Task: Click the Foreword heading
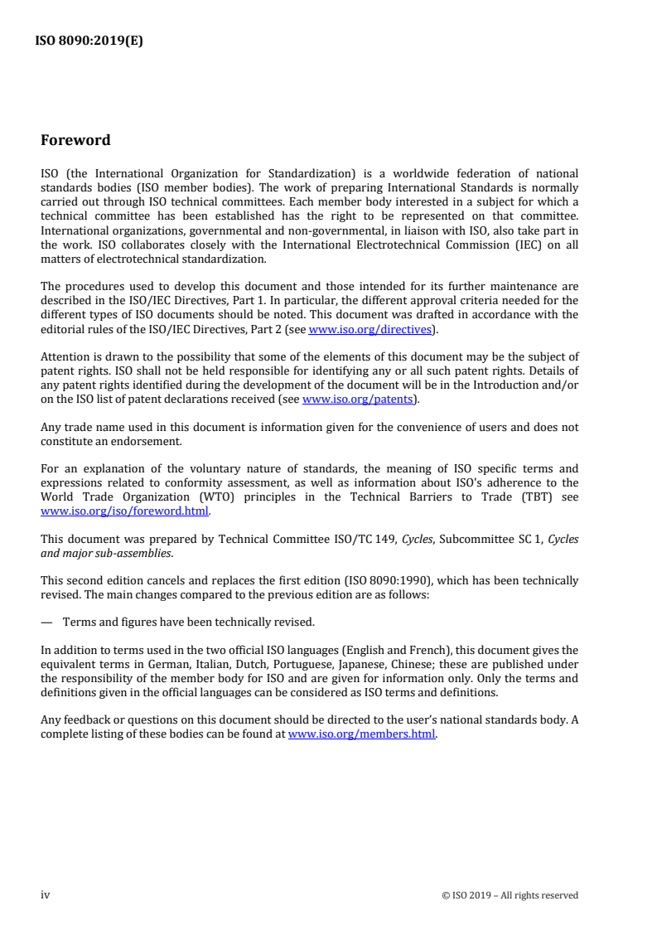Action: coord(75,140)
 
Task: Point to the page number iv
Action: coord(46,894)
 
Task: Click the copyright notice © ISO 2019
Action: coord(510,895)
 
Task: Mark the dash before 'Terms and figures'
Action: coord(46,622)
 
